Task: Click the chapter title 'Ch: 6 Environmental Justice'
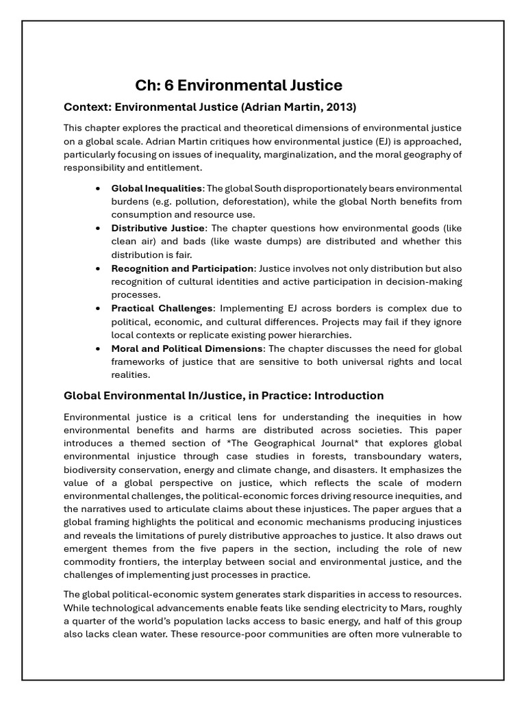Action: point(238,86)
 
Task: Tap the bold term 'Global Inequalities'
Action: point(157,188)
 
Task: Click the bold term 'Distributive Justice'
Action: point(158,228)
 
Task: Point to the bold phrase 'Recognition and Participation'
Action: point(182,268)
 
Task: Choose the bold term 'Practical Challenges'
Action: point(162,308)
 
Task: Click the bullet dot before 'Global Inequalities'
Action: point(99,188)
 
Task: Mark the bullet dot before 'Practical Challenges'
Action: point(99,308)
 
